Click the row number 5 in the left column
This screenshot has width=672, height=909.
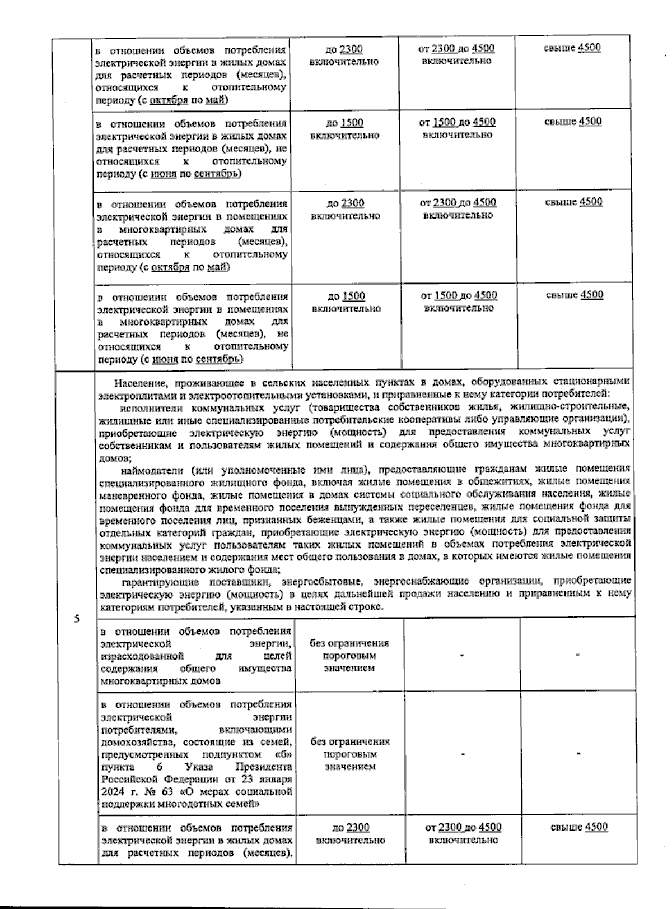tap(77, 619)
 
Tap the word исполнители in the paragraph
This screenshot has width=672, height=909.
tap(148, 408)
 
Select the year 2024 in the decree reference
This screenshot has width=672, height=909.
tap(112, 792)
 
